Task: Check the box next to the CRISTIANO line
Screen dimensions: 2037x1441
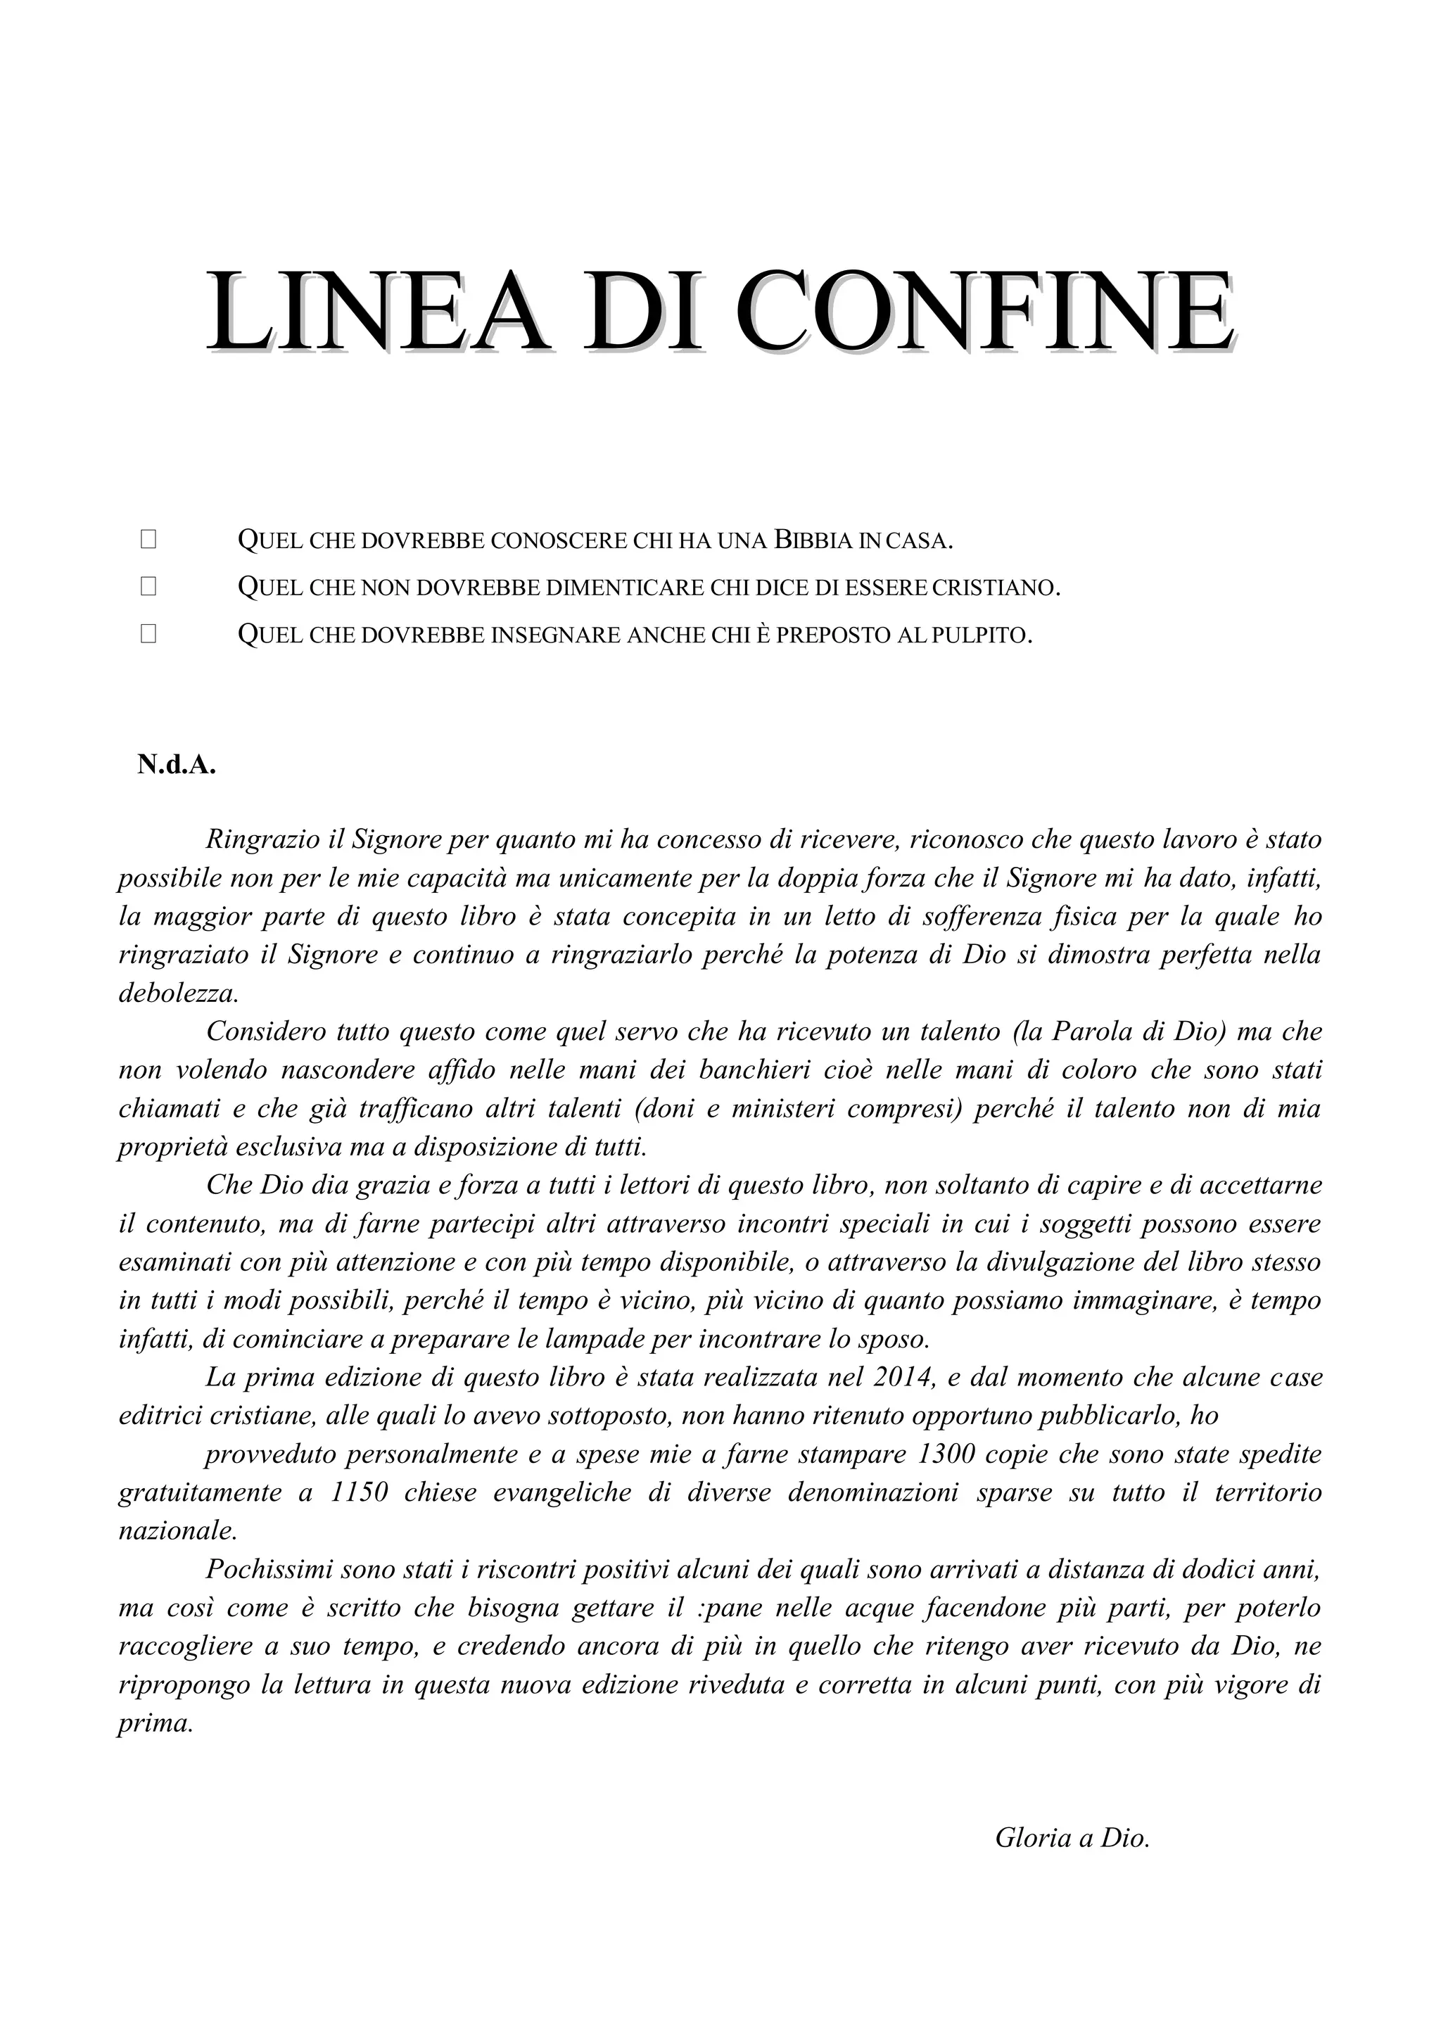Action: coord(148,585)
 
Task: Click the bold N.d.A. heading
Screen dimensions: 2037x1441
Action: coord(177,765)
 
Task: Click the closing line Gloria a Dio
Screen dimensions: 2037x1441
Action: coord(1072,1837)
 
